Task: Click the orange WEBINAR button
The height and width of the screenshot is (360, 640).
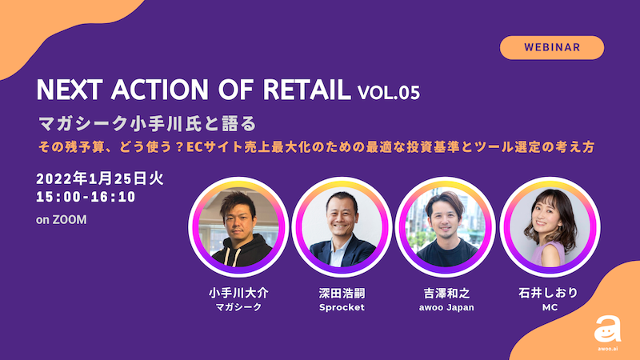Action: click(552, 48)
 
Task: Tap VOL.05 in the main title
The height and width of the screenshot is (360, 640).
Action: click(389, 92)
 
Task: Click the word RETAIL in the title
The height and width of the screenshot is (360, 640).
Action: click(307, 90)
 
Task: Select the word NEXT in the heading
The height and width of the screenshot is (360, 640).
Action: click(69, 90)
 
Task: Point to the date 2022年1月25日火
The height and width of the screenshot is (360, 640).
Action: click(100, 178)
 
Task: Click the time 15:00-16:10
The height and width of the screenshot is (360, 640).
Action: click(86, 197)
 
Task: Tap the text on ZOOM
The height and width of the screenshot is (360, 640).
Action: click(62, 219)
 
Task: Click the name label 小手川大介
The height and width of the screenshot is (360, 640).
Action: click(238, 293)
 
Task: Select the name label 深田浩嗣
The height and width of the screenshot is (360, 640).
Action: click(342, 293)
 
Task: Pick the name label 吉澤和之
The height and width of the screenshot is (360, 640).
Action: click(446, 293)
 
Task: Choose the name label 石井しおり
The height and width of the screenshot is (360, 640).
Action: click(549, 293)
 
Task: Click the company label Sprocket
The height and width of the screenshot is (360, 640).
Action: click(342, 307)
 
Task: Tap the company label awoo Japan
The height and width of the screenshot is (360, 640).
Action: click(446, 307)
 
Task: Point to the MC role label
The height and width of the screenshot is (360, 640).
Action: click(550, 307)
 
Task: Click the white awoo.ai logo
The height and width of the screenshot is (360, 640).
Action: click(607, 332)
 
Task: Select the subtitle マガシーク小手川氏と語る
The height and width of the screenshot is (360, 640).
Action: click(147, 124)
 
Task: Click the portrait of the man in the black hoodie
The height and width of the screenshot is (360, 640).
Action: click(238, 226)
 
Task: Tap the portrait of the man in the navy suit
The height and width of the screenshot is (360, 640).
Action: click(342, 226)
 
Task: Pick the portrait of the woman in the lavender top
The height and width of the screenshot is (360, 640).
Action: click(550, 226)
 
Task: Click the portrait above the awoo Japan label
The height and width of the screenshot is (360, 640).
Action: click(446, 226)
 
